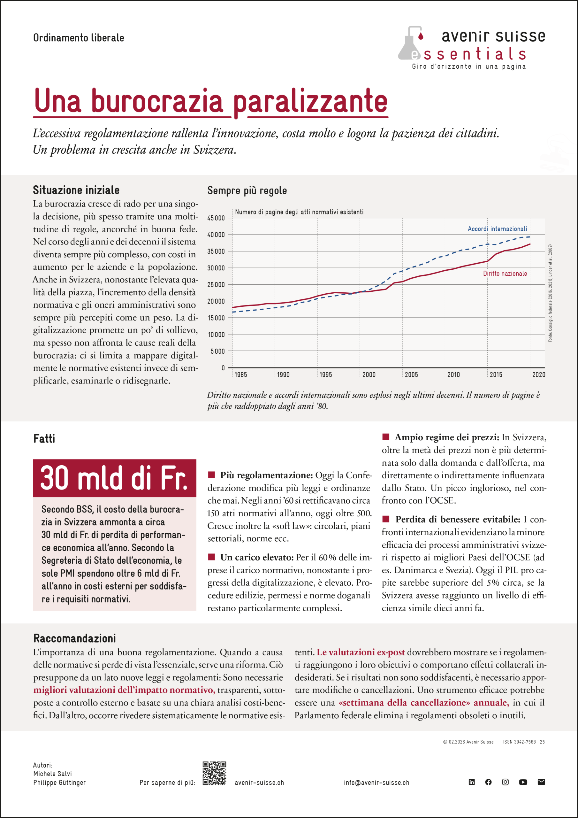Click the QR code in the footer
214,773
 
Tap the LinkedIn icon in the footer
472,782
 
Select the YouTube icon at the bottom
523,782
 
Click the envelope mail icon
541,782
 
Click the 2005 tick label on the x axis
411,375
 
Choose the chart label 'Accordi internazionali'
497,229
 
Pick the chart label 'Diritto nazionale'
505,274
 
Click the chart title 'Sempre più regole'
247,191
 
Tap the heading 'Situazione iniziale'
76,190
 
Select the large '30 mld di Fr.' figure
114,478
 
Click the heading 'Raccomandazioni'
74,638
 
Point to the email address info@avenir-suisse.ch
376,783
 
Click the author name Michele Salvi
53,774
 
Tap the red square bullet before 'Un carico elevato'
211,557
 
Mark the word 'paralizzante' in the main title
310,101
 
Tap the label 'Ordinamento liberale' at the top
79,38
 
